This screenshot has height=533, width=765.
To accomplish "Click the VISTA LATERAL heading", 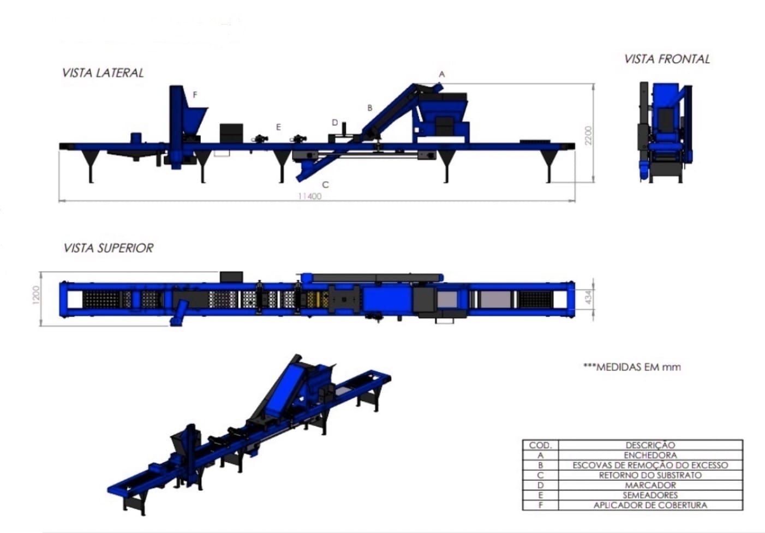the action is pyautogui.click(x=103, y=73).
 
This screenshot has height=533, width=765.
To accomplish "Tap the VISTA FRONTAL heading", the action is pyautogui.click(x=667, y=59).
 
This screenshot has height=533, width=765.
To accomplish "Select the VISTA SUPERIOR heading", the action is pyautogui.click(x=108, y=248).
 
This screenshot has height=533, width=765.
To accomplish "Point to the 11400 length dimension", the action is pyautogui.click(x=310, y=196).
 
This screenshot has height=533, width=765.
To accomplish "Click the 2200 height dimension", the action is pyautogui.click(x=588, y=135).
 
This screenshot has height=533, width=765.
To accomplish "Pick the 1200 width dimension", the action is pyautogui.click(x=36, y=295).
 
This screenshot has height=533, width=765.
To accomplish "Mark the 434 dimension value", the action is pyautogui.click(x=588, y=297).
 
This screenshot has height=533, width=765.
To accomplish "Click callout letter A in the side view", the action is pyautogui.click(x=441, y=74).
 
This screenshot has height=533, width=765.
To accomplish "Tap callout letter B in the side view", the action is pyautogui.click(x=369, y=108).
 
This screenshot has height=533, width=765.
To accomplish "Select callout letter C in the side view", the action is pyautogui.click(x=325, y=185).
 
